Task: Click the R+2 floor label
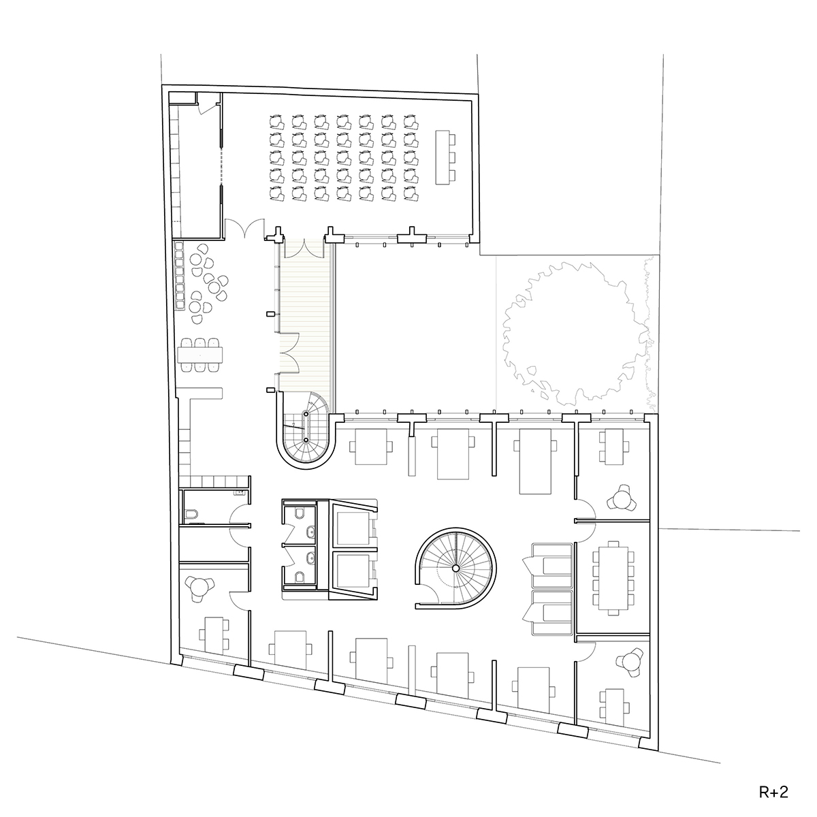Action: [x=773, y=792]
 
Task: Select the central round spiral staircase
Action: [x=455, y=568]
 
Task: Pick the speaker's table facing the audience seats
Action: [x=445, y=157]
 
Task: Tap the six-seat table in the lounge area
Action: [x=200, y=355]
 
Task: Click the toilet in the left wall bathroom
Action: [x=191, y=515]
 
